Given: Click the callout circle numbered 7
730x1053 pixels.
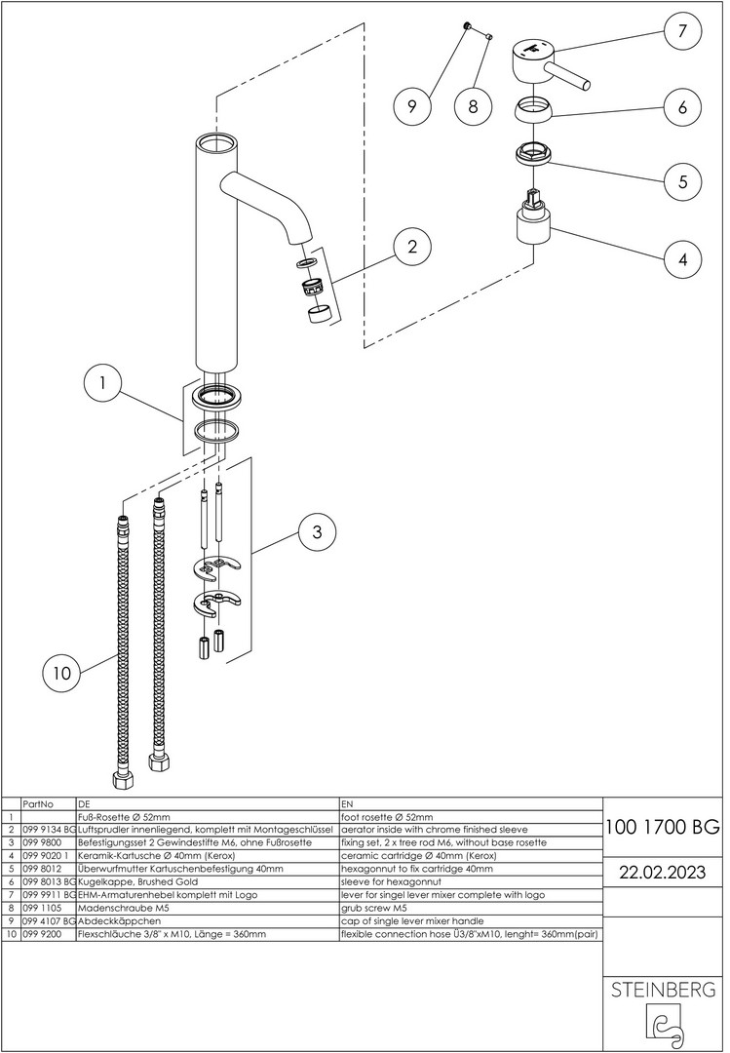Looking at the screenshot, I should (x=680, y=30).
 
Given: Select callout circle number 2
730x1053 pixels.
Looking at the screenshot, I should (x=413, y=246).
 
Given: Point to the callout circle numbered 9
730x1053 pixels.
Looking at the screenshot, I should (x=412, y=106).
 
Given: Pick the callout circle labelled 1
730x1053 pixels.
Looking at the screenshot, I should (x=102, y=384).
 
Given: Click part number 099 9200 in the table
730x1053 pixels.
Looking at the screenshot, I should (x=41, y=934).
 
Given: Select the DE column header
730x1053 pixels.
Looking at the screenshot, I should (x=83, y=804).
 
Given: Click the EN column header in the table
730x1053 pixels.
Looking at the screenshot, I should (x=348, y=804).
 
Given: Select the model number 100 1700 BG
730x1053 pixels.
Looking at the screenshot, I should (x=663, y=829).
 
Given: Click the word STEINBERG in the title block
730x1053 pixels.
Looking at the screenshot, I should (x=663, y=991).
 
